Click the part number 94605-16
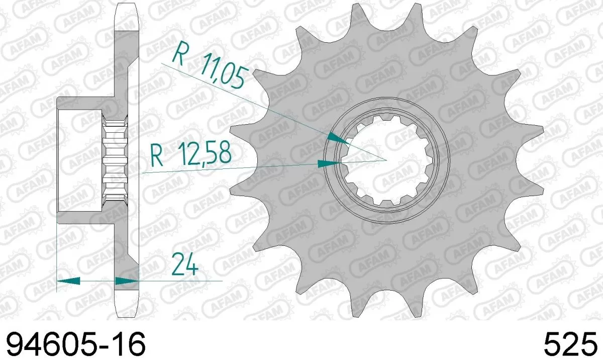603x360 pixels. [75, 344]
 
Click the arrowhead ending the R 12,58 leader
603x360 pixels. [329, 163]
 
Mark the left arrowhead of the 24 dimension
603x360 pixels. [68, 281]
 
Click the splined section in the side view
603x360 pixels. [115, 159]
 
